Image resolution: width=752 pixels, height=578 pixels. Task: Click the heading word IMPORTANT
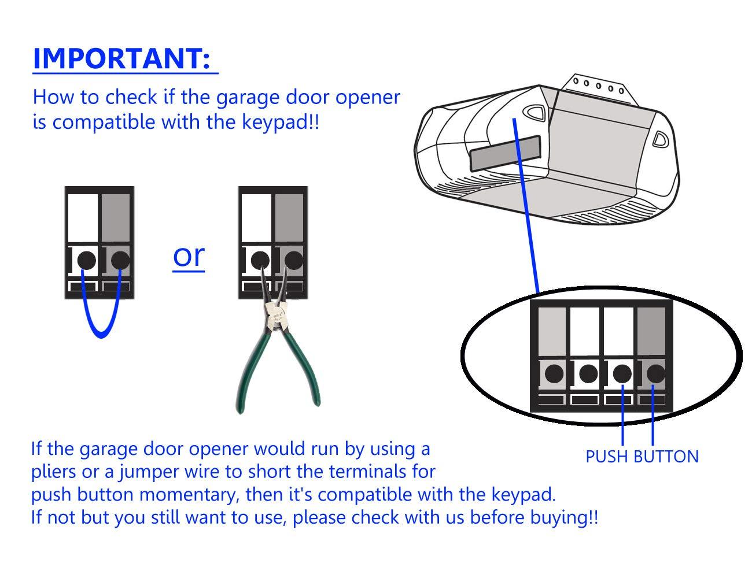(x=121, y=59)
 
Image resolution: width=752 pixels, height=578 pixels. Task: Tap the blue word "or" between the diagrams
(x=189, y=255)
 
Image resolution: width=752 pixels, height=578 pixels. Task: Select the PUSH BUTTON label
(x=642, y=457)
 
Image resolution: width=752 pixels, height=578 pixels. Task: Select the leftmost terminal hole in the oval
(x=554, y=373)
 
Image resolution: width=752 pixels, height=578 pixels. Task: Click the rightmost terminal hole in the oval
(x=655, y=373)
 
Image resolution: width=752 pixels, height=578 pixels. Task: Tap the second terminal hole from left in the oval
(x=588, y=373)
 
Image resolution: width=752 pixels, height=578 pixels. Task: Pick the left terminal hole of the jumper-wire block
(x=86, y=260)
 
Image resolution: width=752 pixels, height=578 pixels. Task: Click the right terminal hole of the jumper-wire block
(x=120, y=260)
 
